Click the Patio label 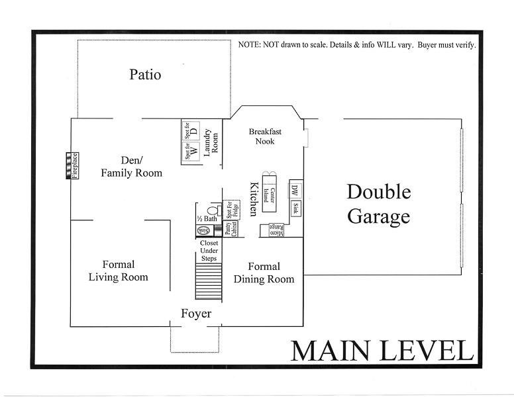pos(145,74)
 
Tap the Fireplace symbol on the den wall pos(71,166)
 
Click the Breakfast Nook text pos(262,136)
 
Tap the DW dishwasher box pos(295,191)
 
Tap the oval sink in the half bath pos(204,230)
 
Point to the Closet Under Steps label pos(209,250)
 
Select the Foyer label pos(196,313)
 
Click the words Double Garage pos(379,204)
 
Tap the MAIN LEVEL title pos(381,350)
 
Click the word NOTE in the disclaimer pos(249,46)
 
